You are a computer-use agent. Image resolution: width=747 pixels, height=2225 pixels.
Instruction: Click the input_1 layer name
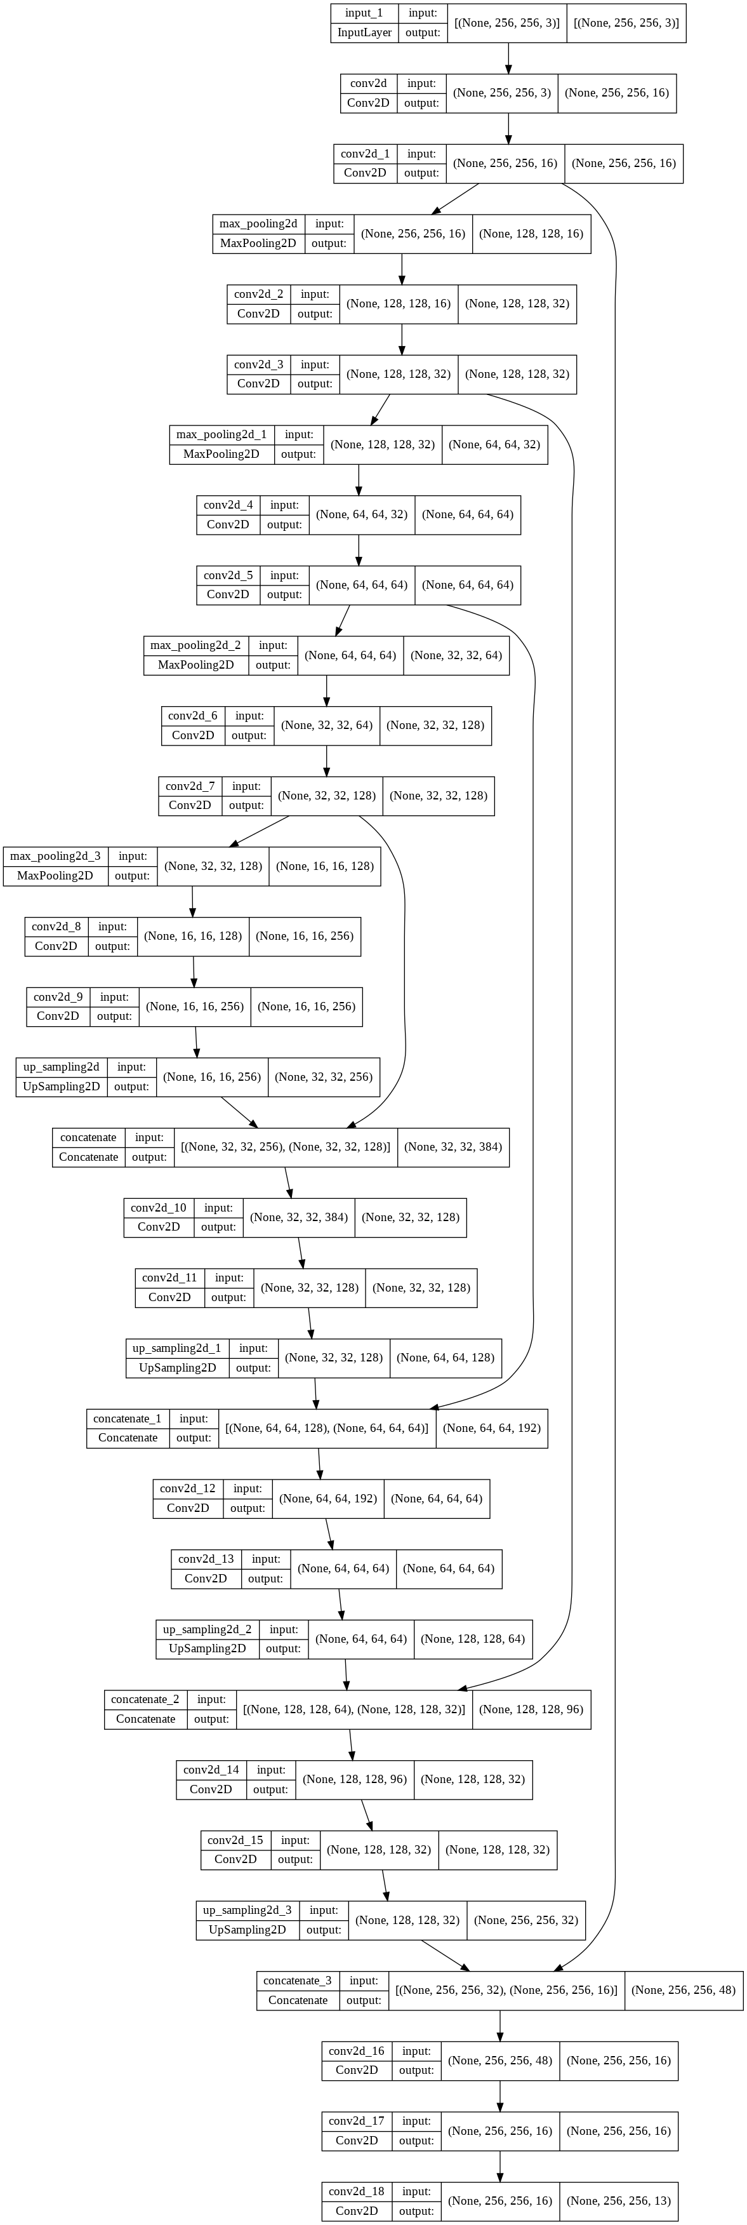tap(364, 13)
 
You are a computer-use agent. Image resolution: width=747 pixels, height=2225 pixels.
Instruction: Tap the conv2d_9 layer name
tap(58, 997)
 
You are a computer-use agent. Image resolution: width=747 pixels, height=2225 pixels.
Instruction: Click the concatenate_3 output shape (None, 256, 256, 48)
tap(683, 1990)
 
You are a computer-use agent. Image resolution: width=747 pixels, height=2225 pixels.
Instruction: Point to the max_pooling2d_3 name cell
tap(55, 856)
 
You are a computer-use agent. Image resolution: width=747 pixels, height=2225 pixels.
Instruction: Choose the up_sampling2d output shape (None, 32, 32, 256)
tap(324, 1076)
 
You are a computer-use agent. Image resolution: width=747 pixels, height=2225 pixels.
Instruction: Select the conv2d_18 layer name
tap(357, 2191)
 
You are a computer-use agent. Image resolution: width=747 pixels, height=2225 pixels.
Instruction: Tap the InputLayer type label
tap(364, 33)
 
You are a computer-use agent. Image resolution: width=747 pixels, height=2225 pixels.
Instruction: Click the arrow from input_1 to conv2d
tap(508, 58)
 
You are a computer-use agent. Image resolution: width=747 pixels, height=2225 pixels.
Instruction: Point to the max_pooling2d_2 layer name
tap(195, 645)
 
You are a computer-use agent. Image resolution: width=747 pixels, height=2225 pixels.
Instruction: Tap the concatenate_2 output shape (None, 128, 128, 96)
tap(531, 1709)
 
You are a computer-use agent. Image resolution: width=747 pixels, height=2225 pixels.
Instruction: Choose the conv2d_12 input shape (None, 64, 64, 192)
tap(328, 1499)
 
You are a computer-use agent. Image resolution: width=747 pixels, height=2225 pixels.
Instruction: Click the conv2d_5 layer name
tap(228, 575)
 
